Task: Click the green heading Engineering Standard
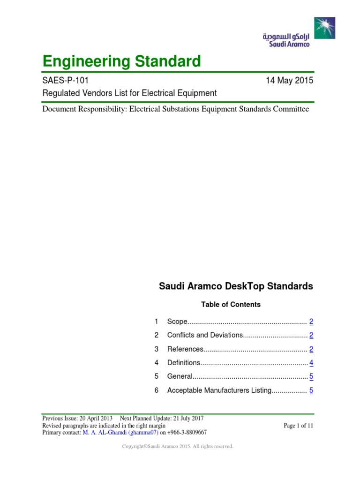pyautogui.click(x=121, y=61)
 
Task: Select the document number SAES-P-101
pyautogui.click(x=64, y=80)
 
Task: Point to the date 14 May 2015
pyautogui.click(x=289, y=80)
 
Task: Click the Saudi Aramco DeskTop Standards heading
pyautogui.click(x=236, y=286)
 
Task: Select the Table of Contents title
pyautogui.click(x=231, y=304)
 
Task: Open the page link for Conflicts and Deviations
pyautogui.click(x=311, y=335)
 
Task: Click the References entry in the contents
pyautogui.click(x=185, y=349)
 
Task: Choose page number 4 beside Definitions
pyautogui.click(x=311, y=363)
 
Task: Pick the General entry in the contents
pyautogui.click(x=180, y=376)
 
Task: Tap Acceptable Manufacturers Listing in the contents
pyautogui.click(x=219, y=390)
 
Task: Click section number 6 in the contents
pyautogui.click(x=157, y=390)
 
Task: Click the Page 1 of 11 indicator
pyautogui.click(x=298, y=425)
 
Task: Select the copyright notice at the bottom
pyautogui.click(x=178, y=447)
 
